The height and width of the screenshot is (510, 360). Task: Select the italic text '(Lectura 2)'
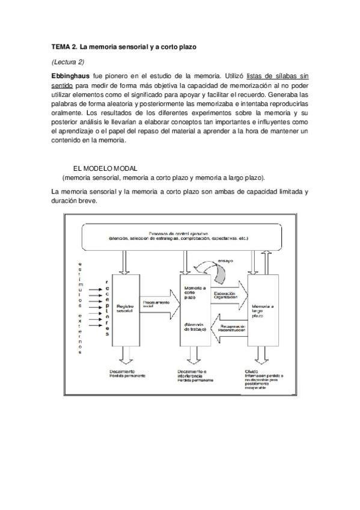click(x=68, y=61)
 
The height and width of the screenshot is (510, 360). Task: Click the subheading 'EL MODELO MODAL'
click(x=105, y=168)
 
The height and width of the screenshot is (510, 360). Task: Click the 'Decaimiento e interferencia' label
click(x=194, y=373)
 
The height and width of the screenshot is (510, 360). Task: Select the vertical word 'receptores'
click(x=107, y=308)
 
